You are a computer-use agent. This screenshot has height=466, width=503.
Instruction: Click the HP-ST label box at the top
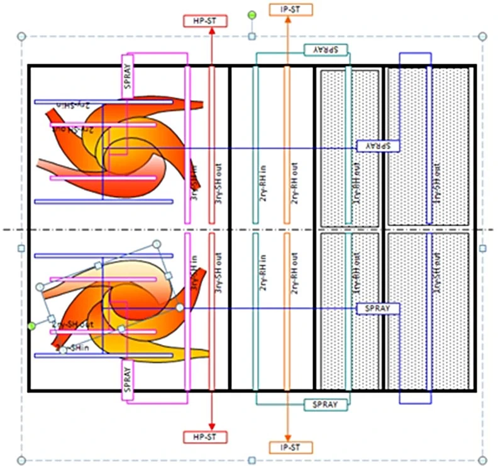coord(205,21)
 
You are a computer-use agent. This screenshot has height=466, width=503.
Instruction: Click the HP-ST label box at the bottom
coord(205,436)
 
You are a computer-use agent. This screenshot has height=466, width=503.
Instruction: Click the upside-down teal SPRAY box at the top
coord(327,50)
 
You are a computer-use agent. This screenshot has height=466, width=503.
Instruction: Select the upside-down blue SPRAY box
coord(379,146)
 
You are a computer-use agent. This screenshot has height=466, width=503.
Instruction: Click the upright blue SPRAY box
coord(379,309)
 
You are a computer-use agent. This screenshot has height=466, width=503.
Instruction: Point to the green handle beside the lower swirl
coord(32,325)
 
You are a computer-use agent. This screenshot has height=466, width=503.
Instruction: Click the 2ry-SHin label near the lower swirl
coord(70,347)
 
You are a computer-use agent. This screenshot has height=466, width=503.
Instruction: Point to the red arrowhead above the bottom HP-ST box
coord(211,426)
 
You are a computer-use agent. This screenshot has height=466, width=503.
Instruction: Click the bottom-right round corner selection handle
coord(483,460)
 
